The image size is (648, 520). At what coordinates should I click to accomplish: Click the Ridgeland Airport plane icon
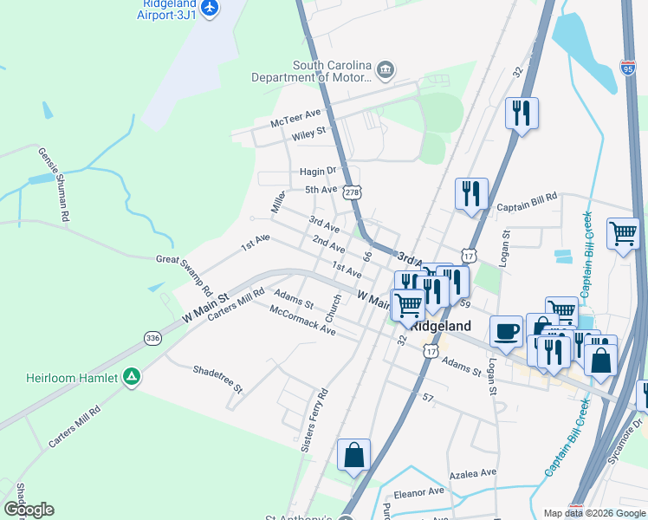[209, 8]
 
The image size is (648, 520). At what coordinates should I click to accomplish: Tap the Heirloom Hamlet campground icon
[132, 378]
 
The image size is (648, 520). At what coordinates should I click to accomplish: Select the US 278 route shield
[351, 192]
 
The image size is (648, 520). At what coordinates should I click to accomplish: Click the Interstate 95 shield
[628, 67]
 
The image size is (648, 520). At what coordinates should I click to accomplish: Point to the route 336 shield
[152, 337]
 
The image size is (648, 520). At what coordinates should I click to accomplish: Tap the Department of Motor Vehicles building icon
[386, 68]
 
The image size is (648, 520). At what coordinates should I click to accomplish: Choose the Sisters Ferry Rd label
[314, 422]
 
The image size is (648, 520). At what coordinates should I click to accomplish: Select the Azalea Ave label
[473, 474]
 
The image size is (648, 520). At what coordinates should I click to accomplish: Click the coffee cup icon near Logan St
[507, 330]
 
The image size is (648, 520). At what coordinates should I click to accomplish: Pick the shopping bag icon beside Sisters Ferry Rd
[353, 456]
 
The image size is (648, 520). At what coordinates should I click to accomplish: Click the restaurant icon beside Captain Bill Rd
[471, 193]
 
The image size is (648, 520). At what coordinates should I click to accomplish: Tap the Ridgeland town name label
[440, 327]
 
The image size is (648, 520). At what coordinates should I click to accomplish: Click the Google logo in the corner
[29, 509]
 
